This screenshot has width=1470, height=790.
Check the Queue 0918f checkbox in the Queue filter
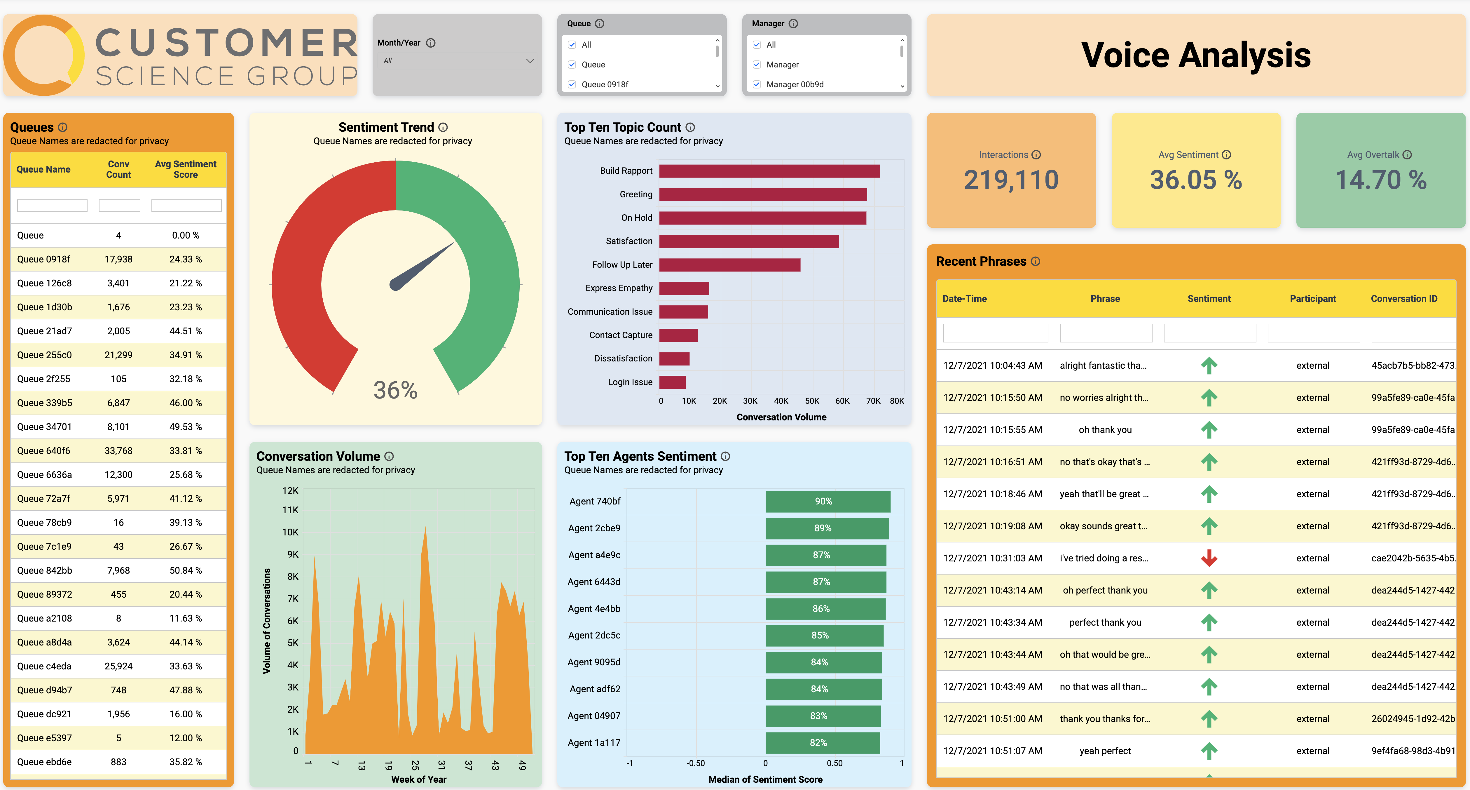tap(572, 84)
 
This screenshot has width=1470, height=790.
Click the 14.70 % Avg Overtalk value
tap(1380, 180)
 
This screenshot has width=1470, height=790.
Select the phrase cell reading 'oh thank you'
tap(1105, 430)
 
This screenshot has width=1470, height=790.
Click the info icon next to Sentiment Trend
tap(444, 127)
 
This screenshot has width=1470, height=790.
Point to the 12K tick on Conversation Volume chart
tap(290, 491)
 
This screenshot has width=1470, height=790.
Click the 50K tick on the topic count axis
tap(811, 401)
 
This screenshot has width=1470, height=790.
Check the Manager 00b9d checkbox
tap(757, 84)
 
